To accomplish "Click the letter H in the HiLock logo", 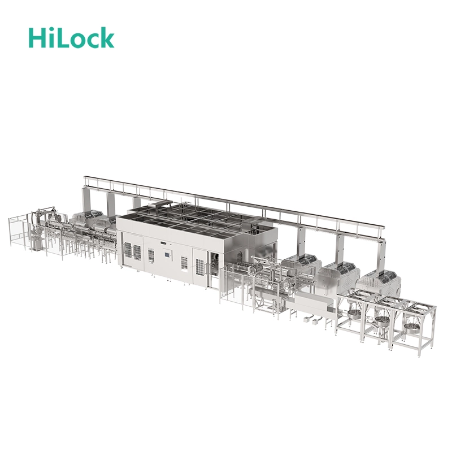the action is point(38,38).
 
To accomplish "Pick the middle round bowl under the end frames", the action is point(383,320).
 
